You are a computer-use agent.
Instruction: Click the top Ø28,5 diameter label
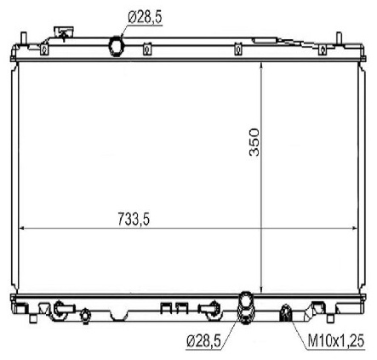145,18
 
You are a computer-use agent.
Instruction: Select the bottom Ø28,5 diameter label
203,340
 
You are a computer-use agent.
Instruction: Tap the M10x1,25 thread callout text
335,340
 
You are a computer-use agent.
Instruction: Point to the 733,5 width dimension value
134,219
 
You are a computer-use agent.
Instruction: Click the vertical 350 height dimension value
254,142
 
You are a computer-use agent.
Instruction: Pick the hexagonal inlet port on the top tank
116,45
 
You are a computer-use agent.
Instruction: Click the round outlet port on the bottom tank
246,307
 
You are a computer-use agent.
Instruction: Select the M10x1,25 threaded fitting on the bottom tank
286,313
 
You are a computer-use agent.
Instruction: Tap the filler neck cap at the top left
64,31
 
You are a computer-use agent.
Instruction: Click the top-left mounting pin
24,38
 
